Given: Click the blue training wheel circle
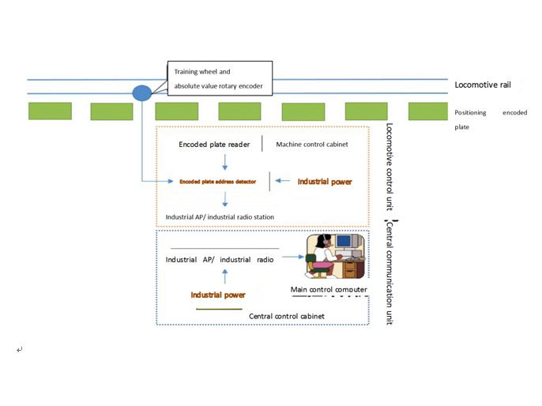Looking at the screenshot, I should [141, 93].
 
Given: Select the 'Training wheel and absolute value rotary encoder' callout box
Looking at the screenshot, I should [219, 78].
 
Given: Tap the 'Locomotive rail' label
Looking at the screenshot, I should [483, 84].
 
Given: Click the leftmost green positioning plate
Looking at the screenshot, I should [50, 111].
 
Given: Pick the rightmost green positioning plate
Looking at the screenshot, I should [427, 111].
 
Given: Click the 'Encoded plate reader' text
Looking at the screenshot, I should [214, 145].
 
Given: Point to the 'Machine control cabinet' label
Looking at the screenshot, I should [311, 145].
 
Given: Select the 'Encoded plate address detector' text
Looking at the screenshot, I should [217, 182].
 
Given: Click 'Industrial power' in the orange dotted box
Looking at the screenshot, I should [324, 182].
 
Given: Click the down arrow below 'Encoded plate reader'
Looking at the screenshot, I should [225, 163].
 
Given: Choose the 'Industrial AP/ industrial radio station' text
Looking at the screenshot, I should [220, 217].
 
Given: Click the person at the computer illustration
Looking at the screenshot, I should [335, 257].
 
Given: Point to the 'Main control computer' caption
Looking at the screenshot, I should [329, 290].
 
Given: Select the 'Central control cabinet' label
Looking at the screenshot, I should [286, 316].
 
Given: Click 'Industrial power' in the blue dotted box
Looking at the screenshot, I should [217, 295].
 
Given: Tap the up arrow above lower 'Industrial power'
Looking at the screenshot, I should [225, 276].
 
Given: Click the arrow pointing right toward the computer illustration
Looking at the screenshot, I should [292, 257].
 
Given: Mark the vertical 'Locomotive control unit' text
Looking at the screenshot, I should [390, 167].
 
